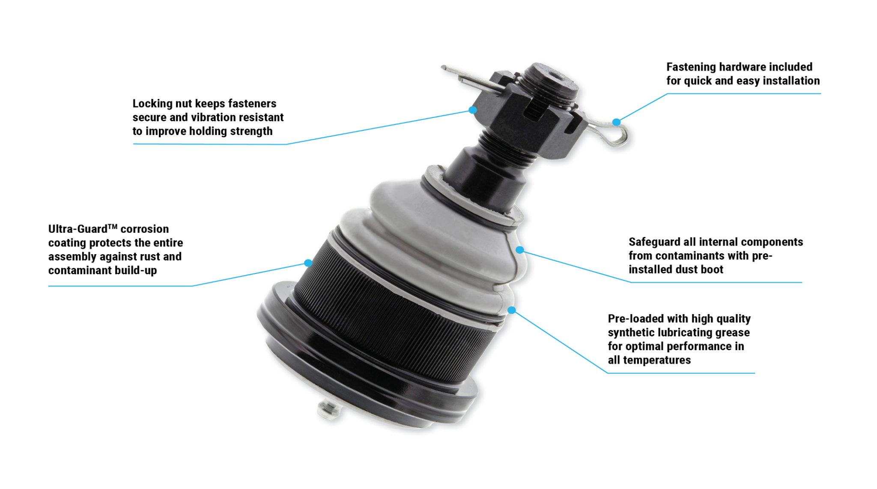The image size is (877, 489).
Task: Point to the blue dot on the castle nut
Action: (x=473, y=110)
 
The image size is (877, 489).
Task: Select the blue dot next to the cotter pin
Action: (x=616, y=122)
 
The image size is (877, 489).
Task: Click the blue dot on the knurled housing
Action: (x=308, y=263)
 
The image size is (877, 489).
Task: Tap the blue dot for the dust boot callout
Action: (x=519, y=249)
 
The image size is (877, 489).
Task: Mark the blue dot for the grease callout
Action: (x=512, y=310)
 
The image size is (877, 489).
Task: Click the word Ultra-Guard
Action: (x=78, y=229)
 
